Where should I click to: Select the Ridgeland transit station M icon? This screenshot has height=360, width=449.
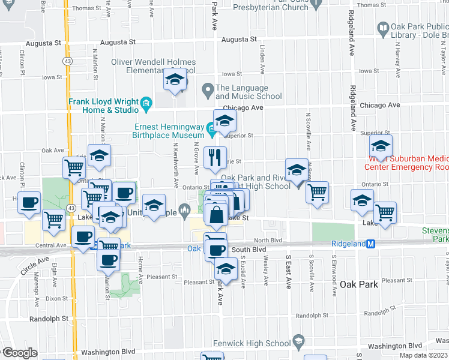pos(371,244)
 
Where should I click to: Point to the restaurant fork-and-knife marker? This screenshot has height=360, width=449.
pos(215,158)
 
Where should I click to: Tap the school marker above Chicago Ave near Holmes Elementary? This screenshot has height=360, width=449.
pos(175,80)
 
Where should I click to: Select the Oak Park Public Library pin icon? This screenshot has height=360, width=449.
pos(383,28)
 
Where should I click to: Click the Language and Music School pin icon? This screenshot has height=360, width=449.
pos(208,91)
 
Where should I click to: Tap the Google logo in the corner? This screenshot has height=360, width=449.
pos(19,353)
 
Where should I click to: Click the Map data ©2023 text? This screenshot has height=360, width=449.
pos(420,355)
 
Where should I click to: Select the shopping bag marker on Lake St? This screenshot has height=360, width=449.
pos(215,214)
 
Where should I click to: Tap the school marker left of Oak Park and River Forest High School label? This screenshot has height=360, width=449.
pos(297,171)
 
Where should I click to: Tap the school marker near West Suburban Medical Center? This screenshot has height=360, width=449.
pos(380,146)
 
